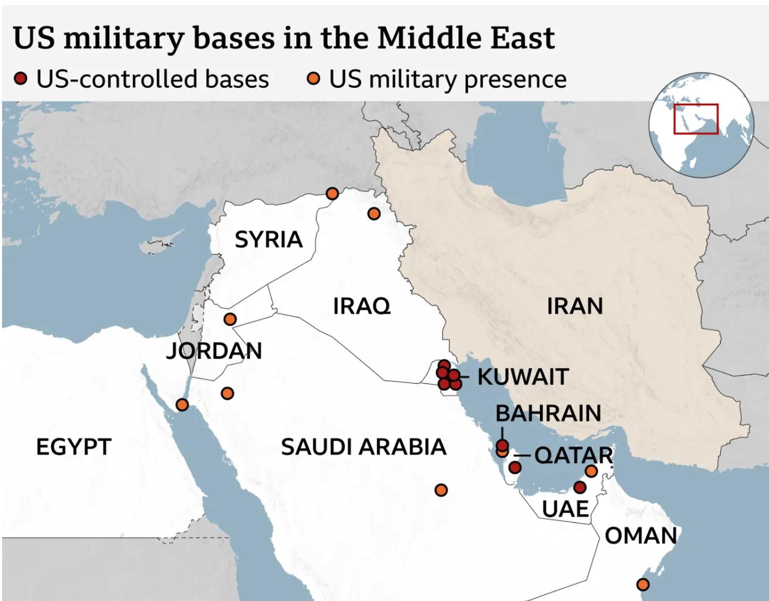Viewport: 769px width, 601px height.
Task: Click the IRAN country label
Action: [575, 306]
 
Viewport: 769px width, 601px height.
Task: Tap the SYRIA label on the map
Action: [269, 240]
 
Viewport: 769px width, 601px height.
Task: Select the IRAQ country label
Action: [362, 306]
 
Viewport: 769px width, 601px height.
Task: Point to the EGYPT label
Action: [73, 447]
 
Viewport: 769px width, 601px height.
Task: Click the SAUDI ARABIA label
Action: [363, 447]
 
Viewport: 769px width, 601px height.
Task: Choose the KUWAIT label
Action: [523, 377]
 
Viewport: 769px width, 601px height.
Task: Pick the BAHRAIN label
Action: [548, 413]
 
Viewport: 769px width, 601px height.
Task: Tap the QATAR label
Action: [573, 455]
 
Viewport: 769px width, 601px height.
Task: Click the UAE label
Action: [565, 509]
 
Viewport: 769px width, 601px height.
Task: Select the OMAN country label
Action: [641, 536]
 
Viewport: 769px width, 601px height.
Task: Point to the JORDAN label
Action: [214, 351]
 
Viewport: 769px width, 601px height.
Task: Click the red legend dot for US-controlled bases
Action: [21, 79]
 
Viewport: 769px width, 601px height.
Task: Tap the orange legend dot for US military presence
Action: [314, 79]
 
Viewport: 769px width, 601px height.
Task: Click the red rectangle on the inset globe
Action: [696, 119]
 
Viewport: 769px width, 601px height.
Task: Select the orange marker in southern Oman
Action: [642, 585]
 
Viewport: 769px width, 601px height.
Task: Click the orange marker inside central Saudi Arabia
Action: [441, 490]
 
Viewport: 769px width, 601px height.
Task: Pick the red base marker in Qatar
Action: [514, 468]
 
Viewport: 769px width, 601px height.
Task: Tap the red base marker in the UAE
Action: [580, 487]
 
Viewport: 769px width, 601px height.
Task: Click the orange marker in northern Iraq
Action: [374, 214]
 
